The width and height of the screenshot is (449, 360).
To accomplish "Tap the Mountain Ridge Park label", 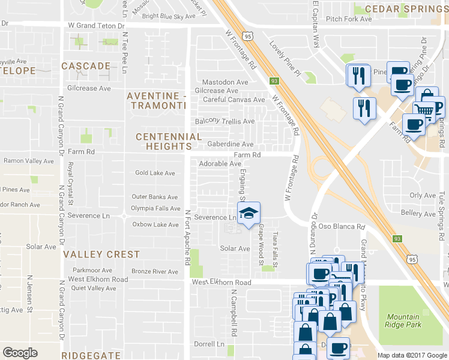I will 403,321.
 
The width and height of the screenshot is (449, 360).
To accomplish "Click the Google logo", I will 20,353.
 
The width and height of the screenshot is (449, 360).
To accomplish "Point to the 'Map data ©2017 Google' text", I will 412,355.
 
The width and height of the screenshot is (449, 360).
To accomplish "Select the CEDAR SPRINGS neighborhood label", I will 407,8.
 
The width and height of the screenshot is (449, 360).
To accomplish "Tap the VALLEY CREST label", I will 101,254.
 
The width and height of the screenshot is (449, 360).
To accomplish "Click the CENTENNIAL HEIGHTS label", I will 164,142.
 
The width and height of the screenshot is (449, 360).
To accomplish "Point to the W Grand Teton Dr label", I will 96,26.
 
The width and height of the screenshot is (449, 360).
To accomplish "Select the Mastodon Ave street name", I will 225,82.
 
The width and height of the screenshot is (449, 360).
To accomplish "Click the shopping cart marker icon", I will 423,110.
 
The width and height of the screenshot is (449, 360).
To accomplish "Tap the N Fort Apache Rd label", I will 187,238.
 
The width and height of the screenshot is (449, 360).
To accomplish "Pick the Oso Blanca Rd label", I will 342,227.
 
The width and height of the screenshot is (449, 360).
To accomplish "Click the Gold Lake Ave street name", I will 155,173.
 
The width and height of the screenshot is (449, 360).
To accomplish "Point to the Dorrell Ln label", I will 209,344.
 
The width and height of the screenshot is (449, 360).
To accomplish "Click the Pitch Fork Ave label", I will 349,19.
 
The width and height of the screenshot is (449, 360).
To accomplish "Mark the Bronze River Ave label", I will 155,272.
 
